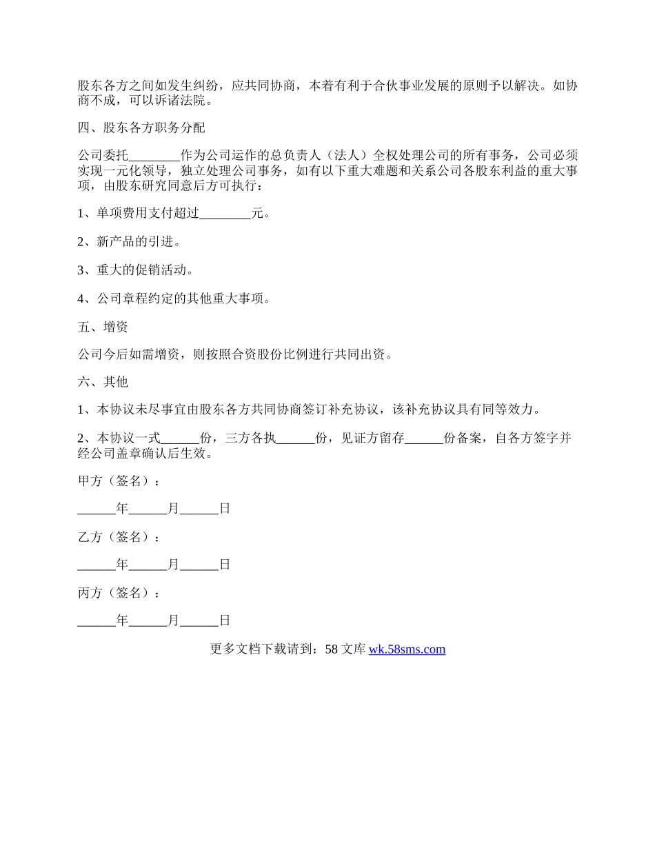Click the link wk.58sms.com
tap(407, 649)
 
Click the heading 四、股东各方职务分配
tap(141, 128)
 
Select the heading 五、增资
tap(103, 327)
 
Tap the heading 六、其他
tap(103, 382)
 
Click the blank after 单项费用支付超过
tap(225, 214)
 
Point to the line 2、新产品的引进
tap(129, 242)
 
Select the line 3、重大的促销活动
tap(135, 270)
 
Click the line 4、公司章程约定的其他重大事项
tap(174, 299)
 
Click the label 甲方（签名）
tap(119, 481)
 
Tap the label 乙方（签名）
tap(119, 537)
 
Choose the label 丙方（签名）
tap(119, 593)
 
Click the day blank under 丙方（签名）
tap(199, 621)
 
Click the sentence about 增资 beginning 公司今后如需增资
tap(234, 355)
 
